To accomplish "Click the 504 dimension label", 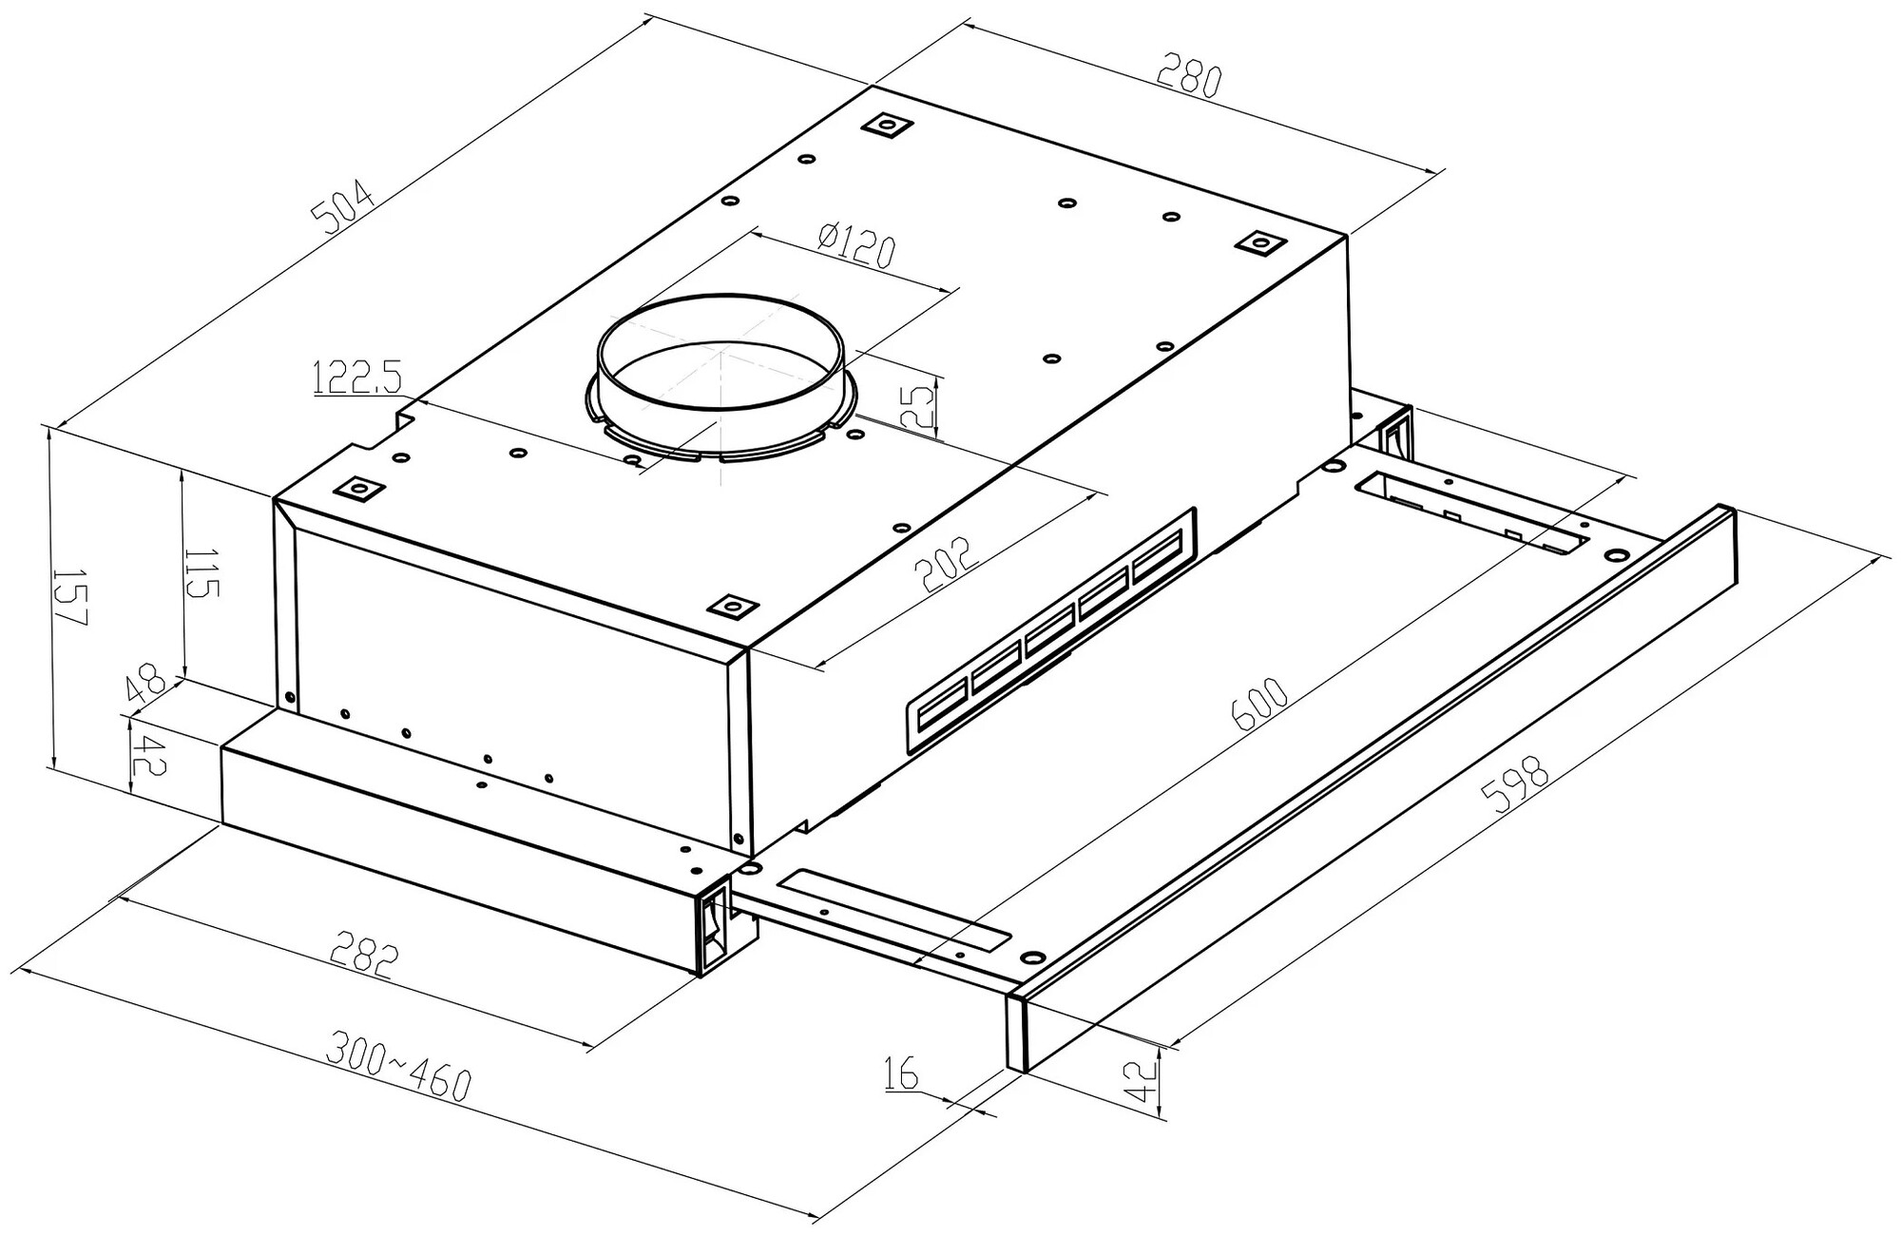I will point(350,208).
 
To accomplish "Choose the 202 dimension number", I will point(945,567).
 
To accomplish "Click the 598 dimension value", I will point(1520,783).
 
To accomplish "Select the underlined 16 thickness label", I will point(900,1073).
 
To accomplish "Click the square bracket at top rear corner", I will point(888,126).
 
